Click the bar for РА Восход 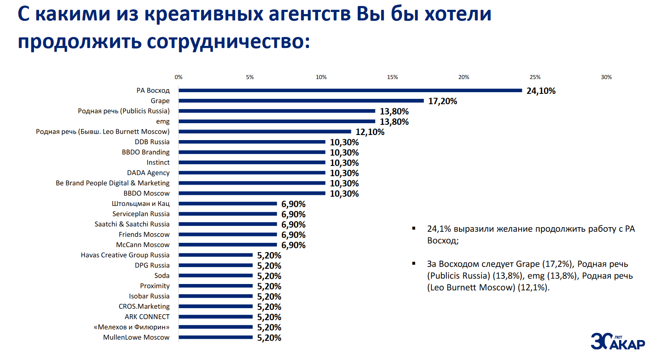pyautogui.click(x=350, y=90)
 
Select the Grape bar pyautogui.click(x=301, y=101)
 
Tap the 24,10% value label pyautogui.click(x=541, y=91)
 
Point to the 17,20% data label pyautogui.click(x=442, y=101)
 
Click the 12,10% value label pyautogui.click(x=370, y=132)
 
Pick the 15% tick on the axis pyautogui.click(x=392, y=77)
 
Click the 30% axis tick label pyautogui.click(x=606, y=77)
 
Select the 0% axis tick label pyautogui.click(x=179, y=77)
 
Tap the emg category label pyautogui.click(x=163, y=121)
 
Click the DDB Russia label pyautogui.click(x=152, y=142)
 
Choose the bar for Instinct pyautogui.click(x=252, y=162)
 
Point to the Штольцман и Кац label pyautogui.click(x=140, y=204)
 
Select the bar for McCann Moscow pyautogui.click(x=228, y=245)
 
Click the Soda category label pyautogui.click(x=162, y=276)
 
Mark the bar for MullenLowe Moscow pyautogui.click(x=216, y=337)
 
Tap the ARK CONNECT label pyautogui.click(x=147, y=317)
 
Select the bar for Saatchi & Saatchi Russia pyautogui.click(x=228, y=224)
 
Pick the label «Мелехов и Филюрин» pyautogui.click(x=132, y=327)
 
